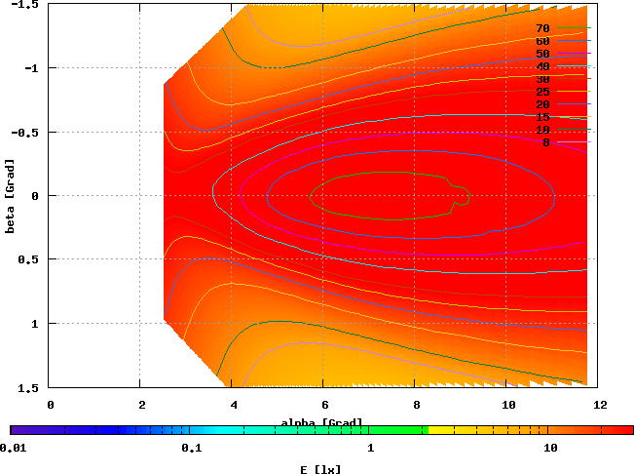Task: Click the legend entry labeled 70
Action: tap(542, 29)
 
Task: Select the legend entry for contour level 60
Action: tap(542, 42)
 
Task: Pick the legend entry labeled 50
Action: tap(542, 54)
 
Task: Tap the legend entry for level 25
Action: tap(542, 92)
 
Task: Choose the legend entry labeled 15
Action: tap(542, 117)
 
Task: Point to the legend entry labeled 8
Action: tap(545, 142)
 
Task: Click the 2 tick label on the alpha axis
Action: tap(142, 403)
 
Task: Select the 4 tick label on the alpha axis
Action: tap(234, 403)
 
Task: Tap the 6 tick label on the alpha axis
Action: tap(325, 403)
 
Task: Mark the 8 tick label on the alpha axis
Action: tap(417, 403)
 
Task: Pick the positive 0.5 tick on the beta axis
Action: tap(30, 260)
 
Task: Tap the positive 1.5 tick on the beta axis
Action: tap(30, 388)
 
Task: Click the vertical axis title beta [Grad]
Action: tap(9, 195)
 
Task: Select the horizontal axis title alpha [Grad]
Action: tap(321, 422)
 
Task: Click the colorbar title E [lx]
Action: tap(320, 469)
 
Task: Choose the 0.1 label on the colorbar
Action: tap(191, 449)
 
